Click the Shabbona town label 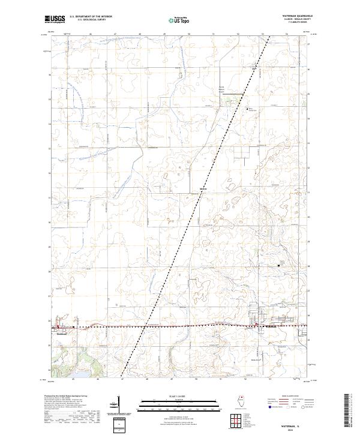tap(62, 332)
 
